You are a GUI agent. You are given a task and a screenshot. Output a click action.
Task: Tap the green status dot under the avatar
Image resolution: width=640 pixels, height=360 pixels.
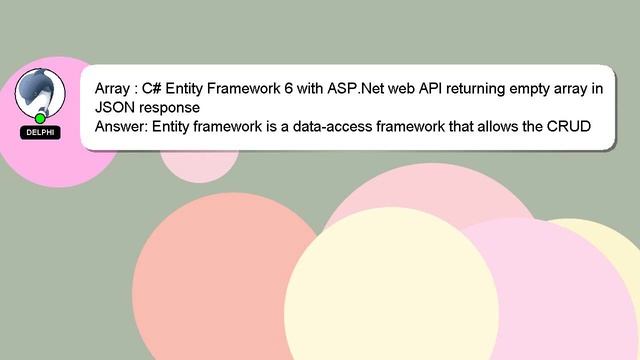(x=40, y=118)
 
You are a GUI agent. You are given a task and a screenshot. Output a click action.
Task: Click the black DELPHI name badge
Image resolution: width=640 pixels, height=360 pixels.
(x=40, y=132)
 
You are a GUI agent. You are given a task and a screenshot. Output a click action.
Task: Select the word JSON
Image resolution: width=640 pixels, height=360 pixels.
(x=115, y=107)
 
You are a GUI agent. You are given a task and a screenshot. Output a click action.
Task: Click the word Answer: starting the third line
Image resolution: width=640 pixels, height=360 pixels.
(x=124, y=127)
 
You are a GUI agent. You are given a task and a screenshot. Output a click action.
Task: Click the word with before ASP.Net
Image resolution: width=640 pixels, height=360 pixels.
(x=315, y=88)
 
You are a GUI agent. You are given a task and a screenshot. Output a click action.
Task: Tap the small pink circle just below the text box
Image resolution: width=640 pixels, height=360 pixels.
(x=200, y=165)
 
